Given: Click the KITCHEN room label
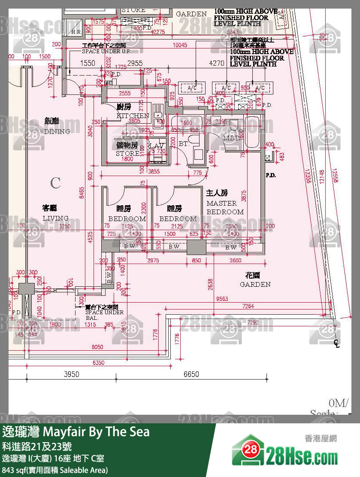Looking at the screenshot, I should (133, 115).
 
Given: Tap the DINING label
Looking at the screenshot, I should (57, 131).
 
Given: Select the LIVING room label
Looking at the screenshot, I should (55, 218).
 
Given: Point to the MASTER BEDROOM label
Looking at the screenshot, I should (225, 207).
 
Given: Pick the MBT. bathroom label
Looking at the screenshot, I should (231, 138).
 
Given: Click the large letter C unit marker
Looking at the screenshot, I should (55, 183).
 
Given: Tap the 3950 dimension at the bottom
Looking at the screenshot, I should (72, 374).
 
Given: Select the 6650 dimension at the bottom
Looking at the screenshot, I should (191, 374).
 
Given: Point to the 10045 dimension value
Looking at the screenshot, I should (180, 45).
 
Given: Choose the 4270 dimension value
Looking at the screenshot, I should (216, 63).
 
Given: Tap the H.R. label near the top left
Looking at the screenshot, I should (76, 32).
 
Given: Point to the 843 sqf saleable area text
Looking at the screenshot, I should (55, 470).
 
